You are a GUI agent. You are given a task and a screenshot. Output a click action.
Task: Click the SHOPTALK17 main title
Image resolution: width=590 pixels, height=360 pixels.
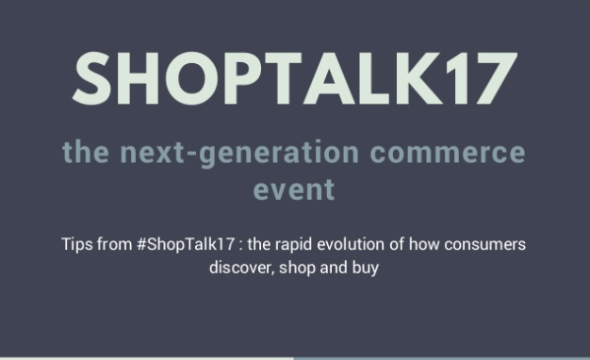coord(295,78)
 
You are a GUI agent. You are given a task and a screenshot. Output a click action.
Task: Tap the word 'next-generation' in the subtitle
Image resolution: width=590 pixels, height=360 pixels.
coord(239,153)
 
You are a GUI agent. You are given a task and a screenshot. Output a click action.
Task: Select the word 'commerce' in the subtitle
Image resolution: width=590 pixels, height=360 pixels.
coord(448,153)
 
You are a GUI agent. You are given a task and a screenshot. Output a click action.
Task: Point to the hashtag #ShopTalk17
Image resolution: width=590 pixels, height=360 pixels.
coord(186,244)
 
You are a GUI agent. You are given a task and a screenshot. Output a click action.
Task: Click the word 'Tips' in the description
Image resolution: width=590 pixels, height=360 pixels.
coord(76,244)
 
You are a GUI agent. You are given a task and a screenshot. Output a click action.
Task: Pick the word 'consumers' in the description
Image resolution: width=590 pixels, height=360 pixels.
coord(484,245)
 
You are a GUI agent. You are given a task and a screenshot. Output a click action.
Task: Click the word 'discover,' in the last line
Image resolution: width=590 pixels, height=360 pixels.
coord(241,268)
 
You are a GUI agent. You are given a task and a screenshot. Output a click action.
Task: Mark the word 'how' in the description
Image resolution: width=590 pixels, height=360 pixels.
coord(424,244)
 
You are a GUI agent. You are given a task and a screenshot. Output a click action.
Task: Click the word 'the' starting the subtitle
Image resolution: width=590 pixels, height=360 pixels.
coord(86,153)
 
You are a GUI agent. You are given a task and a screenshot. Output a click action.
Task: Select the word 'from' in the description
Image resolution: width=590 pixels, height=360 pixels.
coord(114,244)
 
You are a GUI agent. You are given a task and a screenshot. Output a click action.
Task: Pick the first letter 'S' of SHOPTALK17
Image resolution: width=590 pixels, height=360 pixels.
coord(92,78)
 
